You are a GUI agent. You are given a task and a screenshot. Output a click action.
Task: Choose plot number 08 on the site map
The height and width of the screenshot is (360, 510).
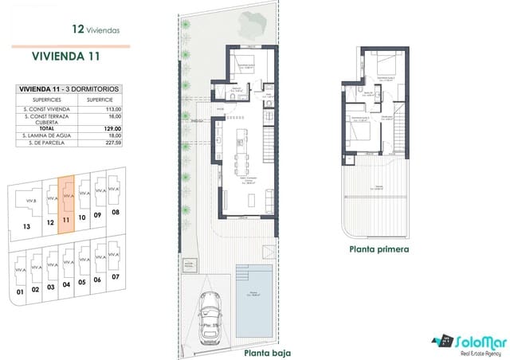pos(115,213)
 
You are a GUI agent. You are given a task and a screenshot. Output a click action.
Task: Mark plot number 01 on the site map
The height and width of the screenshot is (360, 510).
pos(20,290)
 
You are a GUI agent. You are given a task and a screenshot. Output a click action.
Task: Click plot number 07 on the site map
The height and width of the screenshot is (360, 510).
pos(116,277)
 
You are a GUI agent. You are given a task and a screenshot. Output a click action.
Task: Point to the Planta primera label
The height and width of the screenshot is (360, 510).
pos(379,249)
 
